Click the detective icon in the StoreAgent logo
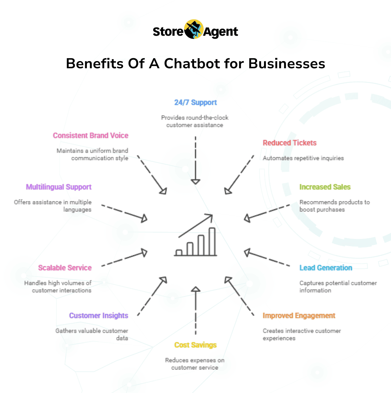194,29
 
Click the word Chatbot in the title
192,64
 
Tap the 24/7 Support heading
195,102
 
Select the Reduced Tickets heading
290,143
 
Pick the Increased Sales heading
325,187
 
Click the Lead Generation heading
326,267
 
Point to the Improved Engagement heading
299,316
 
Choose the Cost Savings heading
195,345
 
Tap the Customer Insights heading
99,316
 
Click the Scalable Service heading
65,267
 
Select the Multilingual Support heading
59,187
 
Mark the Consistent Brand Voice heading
90,135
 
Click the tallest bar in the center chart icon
212,241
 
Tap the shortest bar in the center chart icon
179,252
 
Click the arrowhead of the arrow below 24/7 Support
195,182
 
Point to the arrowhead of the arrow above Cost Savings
195,289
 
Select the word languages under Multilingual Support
77,210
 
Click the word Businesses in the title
287,64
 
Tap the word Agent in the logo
221,32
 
